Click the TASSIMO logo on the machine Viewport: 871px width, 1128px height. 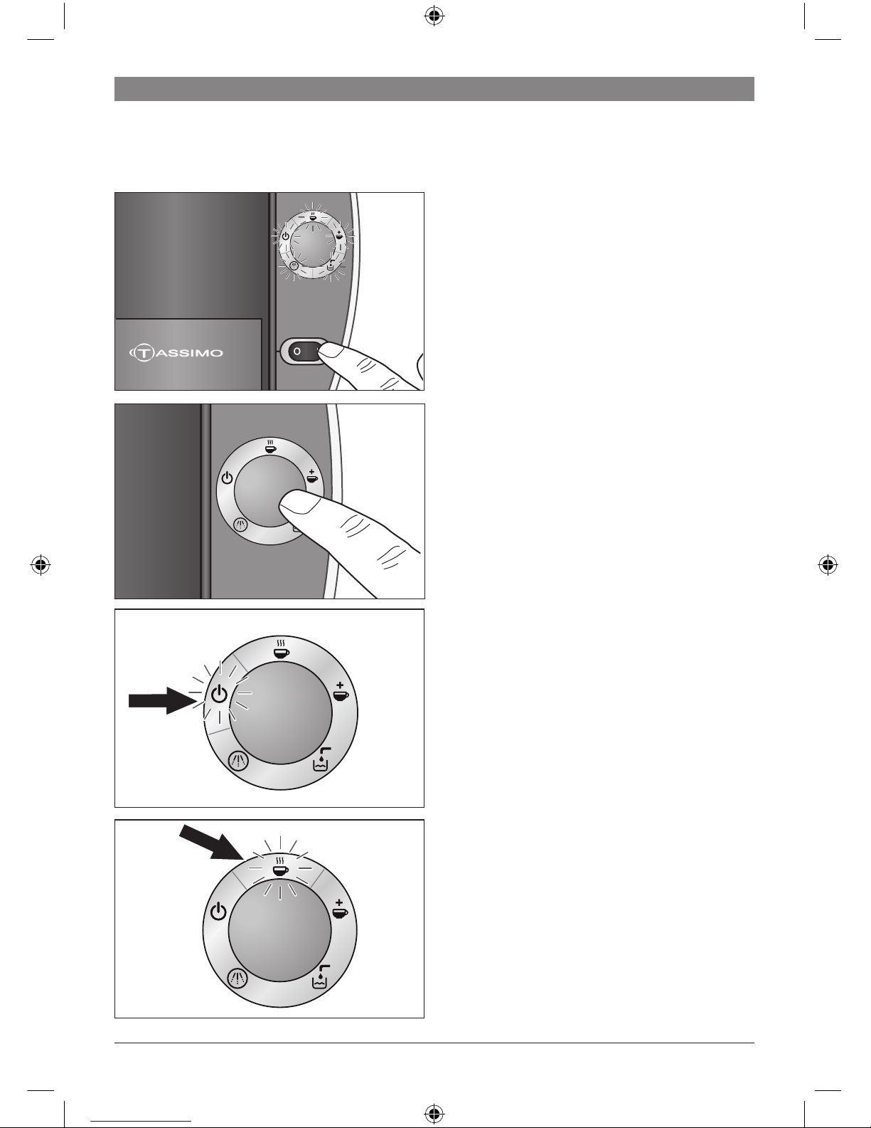click(x=176, y=353)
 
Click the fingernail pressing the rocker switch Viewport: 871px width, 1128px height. click(x=331, y=351)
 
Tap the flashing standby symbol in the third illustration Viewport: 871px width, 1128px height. click(x=220, y=694)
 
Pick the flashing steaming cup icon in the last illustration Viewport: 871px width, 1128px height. click(x=280, y=867)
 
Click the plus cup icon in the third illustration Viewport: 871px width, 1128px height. click(x=340, y=692)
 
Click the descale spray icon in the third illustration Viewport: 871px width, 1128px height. click(x=238, y=761)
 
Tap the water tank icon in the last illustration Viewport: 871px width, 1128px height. click(x=321, y=976)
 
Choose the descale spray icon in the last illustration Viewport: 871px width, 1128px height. click(x=237, y=979)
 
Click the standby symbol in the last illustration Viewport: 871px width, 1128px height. click(x=218, y=911)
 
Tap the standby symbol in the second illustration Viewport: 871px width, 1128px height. click(x=227, y=478)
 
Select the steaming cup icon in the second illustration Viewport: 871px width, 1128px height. click(x=270, y=446)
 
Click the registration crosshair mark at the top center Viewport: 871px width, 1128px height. click(x=434, y=16)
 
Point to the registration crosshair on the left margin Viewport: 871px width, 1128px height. click(x=41, y=564)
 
